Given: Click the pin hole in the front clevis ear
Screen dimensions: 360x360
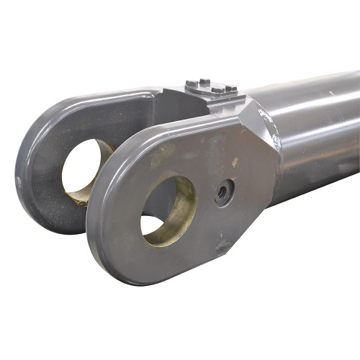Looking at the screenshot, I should [162, 209].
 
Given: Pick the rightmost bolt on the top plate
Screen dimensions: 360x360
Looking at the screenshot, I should [231, 89].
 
